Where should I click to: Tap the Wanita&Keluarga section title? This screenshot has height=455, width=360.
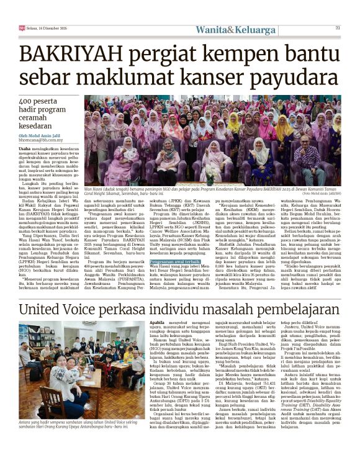(x=235, y=29)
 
